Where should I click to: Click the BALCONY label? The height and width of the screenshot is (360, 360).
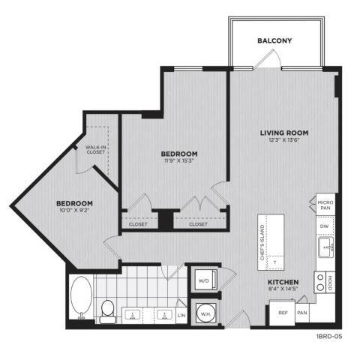coord(274,40)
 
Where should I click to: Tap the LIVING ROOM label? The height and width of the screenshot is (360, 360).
coord(284,133)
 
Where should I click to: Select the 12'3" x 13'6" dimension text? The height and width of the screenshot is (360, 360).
coord(284,140)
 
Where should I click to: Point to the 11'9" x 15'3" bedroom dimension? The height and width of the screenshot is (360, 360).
coord(179,160)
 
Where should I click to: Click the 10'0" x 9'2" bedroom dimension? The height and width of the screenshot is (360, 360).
coord(74,210)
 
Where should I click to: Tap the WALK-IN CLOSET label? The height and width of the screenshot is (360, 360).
coord(95,149)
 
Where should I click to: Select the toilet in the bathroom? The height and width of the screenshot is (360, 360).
coord(108,311)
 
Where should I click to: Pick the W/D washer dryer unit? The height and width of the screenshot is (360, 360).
coord(205,280)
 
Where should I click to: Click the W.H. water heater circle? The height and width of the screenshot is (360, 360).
coord(205,313)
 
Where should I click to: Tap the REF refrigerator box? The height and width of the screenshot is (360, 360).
coord(282,313)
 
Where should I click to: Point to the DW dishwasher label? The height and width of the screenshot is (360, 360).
coord(324,226)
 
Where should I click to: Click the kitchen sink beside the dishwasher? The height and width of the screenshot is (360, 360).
coord(326,247)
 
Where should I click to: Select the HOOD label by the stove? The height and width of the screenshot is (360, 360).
coord(330,283)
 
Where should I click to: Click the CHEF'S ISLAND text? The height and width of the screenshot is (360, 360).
coord(262,242)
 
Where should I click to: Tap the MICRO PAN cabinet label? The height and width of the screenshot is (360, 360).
coord(325,205)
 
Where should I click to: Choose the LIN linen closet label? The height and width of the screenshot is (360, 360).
coord(181,315)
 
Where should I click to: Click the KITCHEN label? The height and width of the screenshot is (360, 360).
coord(283,282)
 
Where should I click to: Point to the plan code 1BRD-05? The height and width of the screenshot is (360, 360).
coord(329,337)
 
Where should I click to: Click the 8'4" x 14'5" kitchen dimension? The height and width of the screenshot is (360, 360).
coord(283,289)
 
